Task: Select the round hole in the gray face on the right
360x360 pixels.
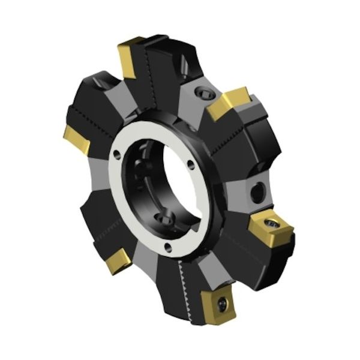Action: (x=257, y=192)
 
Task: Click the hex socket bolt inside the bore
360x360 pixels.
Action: (x=163, y=217)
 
